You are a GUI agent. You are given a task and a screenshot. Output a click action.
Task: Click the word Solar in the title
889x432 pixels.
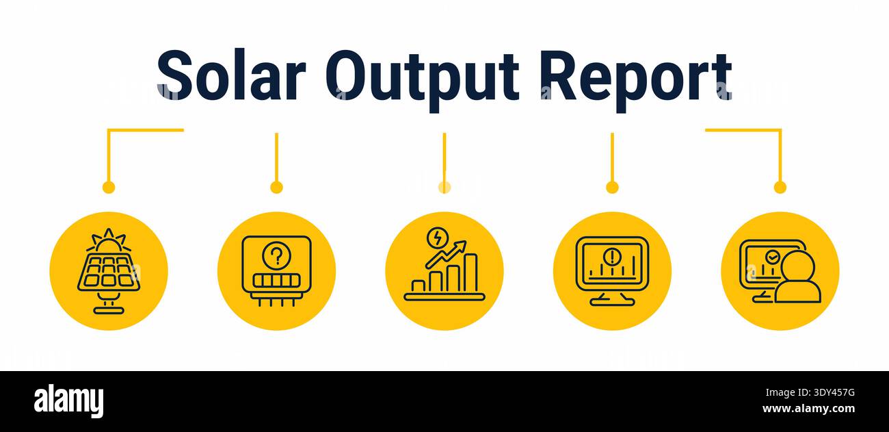point(231,75)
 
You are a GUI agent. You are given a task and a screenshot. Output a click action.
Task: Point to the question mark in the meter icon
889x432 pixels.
point(277,256)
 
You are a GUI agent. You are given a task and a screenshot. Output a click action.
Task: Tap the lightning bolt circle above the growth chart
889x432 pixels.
point(438,238)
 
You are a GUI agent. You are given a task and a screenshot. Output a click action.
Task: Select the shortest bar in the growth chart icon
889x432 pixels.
point(419,286)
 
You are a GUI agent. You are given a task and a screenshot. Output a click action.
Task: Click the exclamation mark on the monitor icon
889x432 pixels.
point(612,256)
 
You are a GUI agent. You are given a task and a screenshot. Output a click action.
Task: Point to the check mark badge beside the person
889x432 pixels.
point(772,257)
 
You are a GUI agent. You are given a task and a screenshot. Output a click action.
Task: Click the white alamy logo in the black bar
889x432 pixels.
point(68,401)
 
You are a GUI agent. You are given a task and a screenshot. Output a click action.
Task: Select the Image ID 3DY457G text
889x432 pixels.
point(810,393)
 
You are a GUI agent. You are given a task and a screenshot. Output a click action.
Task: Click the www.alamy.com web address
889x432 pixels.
point(808,409)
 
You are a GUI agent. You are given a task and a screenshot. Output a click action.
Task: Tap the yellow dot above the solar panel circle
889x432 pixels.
point(108,187)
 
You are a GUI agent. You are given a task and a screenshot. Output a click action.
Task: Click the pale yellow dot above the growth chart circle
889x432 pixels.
point(444,187)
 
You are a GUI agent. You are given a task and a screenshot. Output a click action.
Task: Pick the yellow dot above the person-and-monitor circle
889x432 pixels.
point(780,187)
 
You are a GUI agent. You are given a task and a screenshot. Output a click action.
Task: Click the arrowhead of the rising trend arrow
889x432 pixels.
point(461,245)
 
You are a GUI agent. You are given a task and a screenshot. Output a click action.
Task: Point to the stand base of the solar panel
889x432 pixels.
point(109,309)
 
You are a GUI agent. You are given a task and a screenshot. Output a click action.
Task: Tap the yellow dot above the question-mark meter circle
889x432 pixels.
point(276,187)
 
